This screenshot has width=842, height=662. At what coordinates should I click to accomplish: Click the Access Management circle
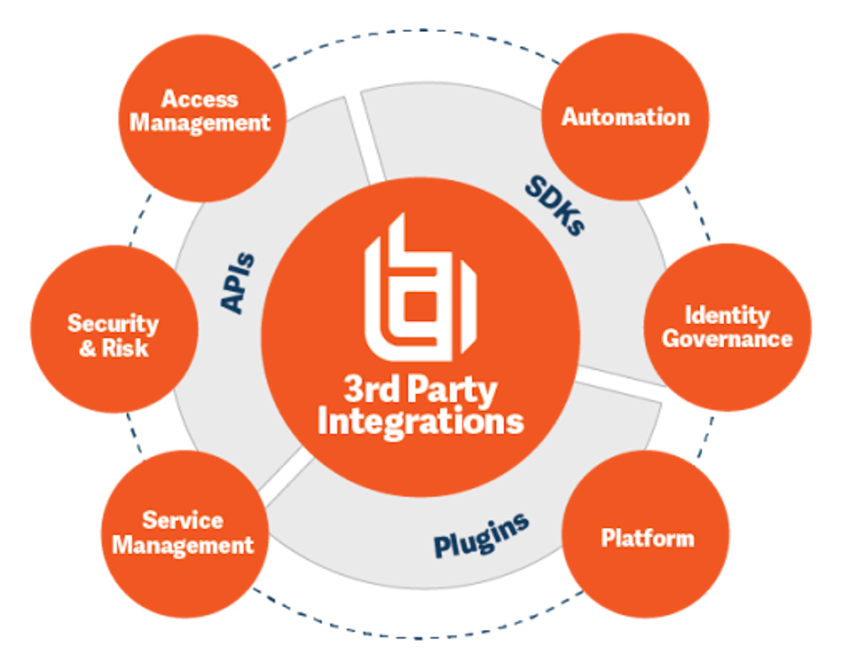201,119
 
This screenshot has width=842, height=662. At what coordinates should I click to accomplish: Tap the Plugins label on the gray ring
481,533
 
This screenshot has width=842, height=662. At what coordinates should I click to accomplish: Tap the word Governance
727,339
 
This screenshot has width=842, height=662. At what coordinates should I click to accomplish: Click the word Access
200,99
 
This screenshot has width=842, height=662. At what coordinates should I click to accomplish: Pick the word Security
113,323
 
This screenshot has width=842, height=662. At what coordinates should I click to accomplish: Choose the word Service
183,521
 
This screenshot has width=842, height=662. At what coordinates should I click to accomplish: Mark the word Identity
727,316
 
